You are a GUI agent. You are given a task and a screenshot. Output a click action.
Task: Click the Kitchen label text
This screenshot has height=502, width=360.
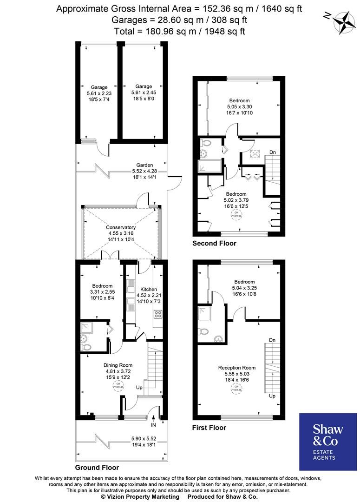pyautogui.click(x=149, y=289)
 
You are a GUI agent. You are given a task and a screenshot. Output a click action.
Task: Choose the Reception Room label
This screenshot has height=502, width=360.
pyautogui.click(x=237, y=368)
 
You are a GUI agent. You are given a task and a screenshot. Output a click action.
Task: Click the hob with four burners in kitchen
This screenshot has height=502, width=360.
pyautogui.click(x=157, y=313)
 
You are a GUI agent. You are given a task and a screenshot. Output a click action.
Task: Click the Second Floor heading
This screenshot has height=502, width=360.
pyautogui.click(x=214, y=243)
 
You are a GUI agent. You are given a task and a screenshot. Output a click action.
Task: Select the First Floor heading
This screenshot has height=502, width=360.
pyautogui.click(x=209, y=428)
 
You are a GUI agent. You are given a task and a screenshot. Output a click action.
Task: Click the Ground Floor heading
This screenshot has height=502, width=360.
pyautogui.click(x=97, y=468)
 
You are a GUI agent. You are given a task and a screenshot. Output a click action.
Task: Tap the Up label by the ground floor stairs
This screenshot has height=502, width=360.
pyautogui.click(x=139, y=387)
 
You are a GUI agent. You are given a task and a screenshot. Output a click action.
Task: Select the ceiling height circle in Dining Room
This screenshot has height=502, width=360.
pyautogui.click(x=115, y=384)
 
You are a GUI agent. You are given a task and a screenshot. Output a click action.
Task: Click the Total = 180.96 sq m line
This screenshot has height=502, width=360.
pyautogui.click(x=179, y=31)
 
